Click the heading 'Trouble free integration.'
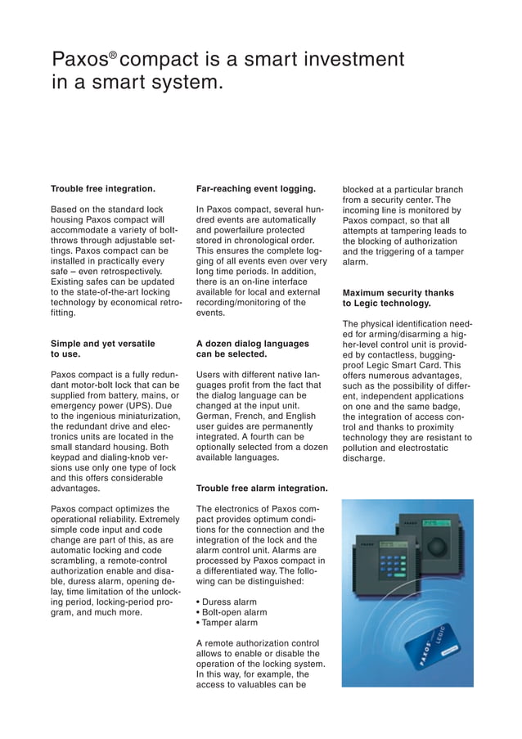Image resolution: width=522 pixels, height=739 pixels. [103, 189]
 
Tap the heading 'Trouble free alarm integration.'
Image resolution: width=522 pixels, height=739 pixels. [262, 489]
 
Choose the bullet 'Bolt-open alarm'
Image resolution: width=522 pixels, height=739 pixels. [233, 611]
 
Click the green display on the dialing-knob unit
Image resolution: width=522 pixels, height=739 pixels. [439, 522]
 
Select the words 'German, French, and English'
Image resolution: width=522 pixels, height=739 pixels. [255, 416]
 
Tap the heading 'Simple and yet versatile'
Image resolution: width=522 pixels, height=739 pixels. [103, 344]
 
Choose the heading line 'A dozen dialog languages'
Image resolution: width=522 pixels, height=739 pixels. [253, 344]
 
